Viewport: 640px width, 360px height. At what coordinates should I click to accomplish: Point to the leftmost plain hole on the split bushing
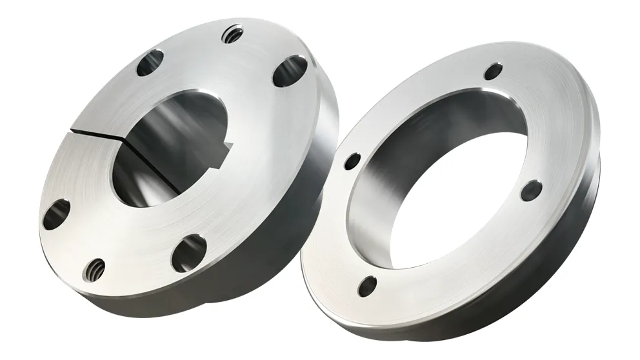click(56, 214)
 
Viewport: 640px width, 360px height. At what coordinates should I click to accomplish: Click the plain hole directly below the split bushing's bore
click(188, 253)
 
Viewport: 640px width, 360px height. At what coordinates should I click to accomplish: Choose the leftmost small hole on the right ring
click(352, 161)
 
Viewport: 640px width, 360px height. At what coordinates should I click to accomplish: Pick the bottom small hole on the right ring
click(368, 283)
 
